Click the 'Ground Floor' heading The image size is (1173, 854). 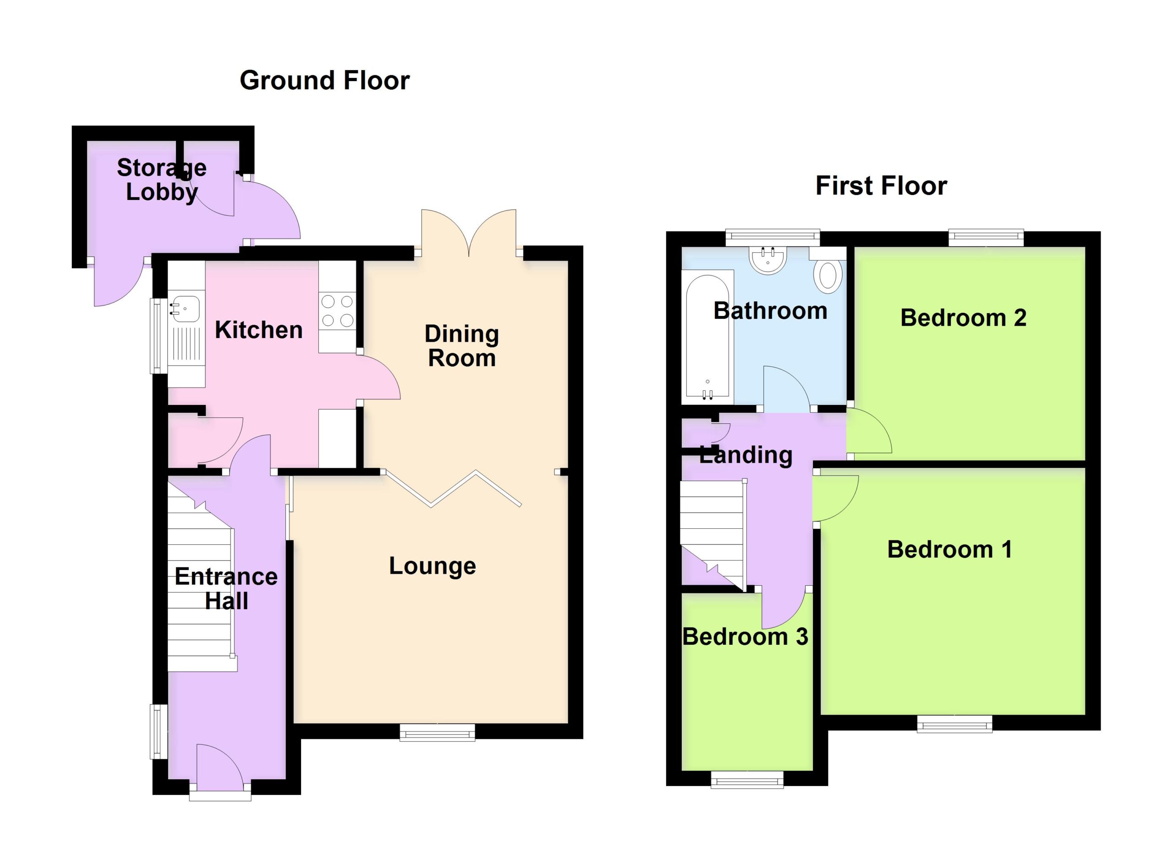tap(325, 81)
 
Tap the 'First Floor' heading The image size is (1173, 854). tap(881, 186)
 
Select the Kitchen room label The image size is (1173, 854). tap(258, 330)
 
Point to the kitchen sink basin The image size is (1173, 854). tap(185, 309)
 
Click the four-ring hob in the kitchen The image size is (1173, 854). tap(337, 311)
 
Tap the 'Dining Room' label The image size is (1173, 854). tap(462, 346)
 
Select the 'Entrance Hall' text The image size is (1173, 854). tap(226, 588)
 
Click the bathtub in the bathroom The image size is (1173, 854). tap(707, 337)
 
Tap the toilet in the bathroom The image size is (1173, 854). tap(828, 276)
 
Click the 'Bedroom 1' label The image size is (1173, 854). tap(949, 549)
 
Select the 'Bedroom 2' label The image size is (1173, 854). tap(964, 317)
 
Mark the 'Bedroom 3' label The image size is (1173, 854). tap(745, 637)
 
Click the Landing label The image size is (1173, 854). tap(746, 455)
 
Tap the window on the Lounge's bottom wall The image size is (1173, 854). tap(438, 732)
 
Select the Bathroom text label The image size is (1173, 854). tap(771, 311)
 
